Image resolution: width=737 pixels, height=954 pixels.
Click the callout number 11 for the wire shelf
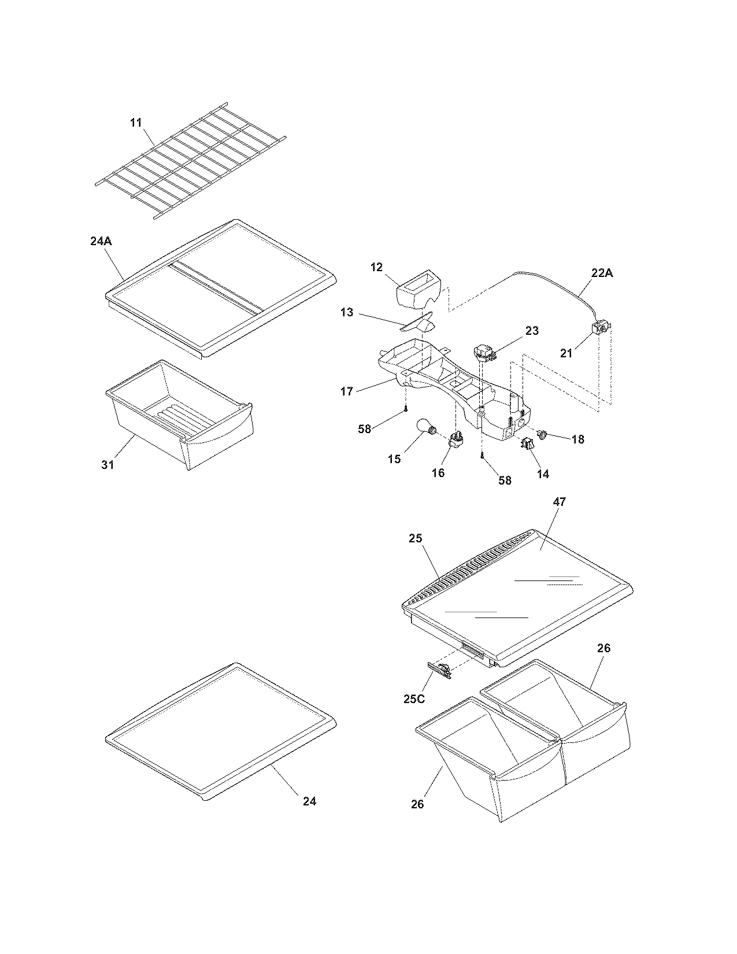(135, 123)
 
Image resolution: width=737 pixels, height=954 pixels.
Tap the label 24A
(101, 242)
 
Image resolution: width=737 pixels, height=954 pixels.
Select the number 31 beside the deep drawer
(108, 464)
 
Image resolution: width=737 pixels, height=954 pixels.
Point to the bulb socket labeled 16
(455, 446)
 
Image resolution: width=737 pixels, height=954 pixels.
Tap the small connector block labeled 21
(599, 330)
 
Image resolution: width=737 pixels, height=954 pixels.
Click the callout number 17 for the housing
(347, 391)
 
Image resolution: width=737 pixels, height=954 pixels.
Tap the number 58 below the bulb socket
(505, 480)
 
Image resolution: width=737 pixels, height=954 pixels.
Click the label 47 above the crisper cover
(559, 502)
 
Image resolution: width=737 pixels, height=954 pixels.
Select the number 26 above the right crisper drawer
(603, 648)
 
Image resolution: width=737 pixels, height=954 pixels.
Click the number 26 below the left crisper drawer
(418, 804)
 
